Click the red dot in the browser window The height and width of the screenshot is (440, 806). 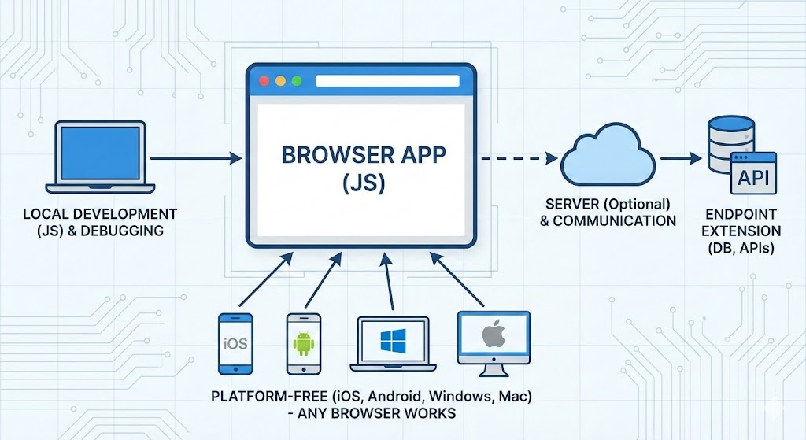tap(264, 81)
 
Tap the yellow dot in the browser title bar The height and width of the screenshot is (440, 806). tap(279, 81)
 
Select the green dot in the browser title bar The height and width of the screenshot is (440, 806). tap(296, 81)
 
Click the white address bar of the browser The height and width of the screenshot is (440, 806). tap(386, 81)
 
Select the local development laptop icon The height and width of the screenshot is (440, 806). tap(95, 157)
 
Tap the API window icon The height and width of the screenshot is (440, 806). tap(753, 178)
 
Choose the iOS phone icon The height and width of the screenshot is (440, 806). tap(235, 343)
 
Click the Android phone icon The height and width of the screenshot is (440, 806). tap(303, 343)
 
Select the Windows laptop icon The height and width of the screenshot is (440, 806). tap(392, 343)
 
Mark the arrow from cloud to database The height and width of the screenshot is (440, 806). tap(681, 158)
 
